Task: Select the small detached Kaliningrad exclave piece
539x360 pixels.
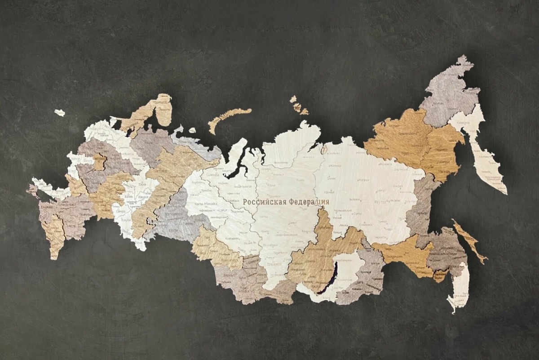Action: [x=60, y=113]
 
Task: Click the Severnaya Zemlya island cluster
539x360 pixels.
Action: [x=298, y=106]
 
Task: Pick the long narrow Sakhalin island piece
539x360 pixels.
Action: [x=469, y=240]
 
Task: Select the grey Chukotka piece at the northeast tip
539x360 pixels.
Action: [x=445, y=94]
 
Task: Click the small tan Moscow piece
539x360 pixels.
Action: [x=99, y=161]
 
